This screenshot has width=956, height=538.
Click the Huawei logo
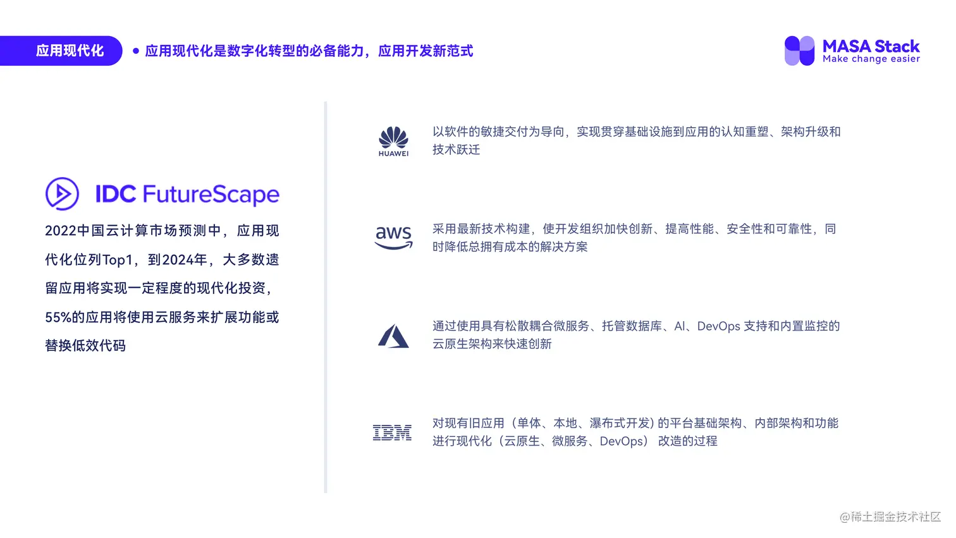[x=393, y=141]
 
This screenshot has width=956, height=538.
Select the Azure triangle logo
[x=393, y=336]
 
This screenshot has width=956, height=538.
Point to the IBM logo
[x=392, y=432]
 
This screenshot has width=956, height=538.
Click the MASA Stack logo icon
[x=799, y=51]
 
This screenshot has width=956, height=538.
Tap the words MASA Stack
[x=871, y=46]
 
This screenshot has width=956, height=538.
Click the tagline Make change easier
[x=871, y=59]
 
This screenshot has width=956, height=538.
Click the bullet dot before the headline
[x=136, y=51]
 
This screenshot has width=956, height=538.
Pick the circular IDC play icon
[x=62, y=193]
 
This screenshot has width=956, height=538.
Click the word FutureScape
[x=211, y=194]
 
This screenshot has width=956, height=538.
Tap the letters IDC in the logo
[x=116, y=194]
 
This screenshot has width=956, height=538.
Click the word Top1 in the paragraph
[x=118, y=260]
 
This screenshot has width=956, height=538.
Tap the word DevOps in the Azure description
[x=718, y=326]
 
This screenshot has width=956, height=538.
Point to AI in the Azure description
[x=680, y=326]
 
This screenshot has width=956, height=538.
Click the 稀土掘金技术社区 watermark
[x=890, y=517]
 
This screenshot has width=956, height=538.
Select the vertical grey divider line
[x=326, y=297]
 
